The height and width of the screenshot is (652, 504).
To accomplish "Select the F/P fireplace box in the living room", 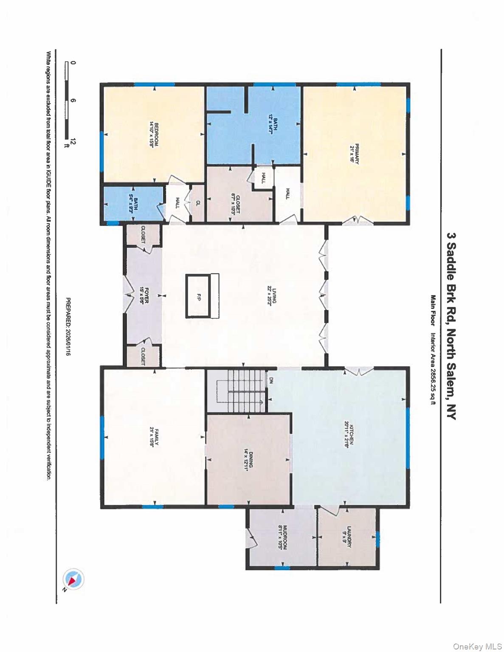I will point(198,295).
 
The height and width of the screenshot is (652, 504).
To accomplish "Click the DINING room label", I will point(248,458).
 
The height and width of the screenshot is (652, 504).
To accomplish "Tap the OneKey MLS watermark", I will point(477,646).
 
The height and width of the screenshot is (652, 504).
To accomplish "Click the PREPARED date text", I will point(68,326).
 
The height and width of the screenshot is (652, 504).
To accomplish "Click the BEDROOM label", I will point(153,135).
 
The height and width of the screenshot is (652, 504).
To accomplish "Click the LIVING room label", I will point(272,295).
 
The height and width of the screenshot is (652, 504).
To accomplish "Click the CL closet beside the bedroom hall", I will point(198,203).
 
